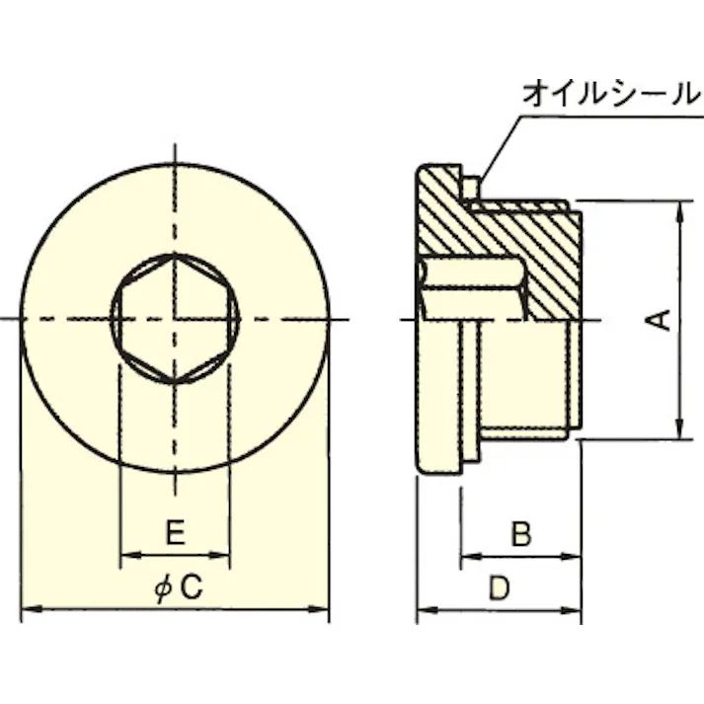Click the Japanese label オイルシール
pos(609,95)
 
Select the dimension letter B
pos(520,534)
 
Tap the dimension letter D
pos(500,588)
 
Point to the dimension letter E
pos(174,534)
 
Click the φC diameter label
pos(179,588)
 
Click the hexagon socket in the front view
pos(175,318)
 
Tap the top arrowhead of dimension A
pos(679,210)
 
